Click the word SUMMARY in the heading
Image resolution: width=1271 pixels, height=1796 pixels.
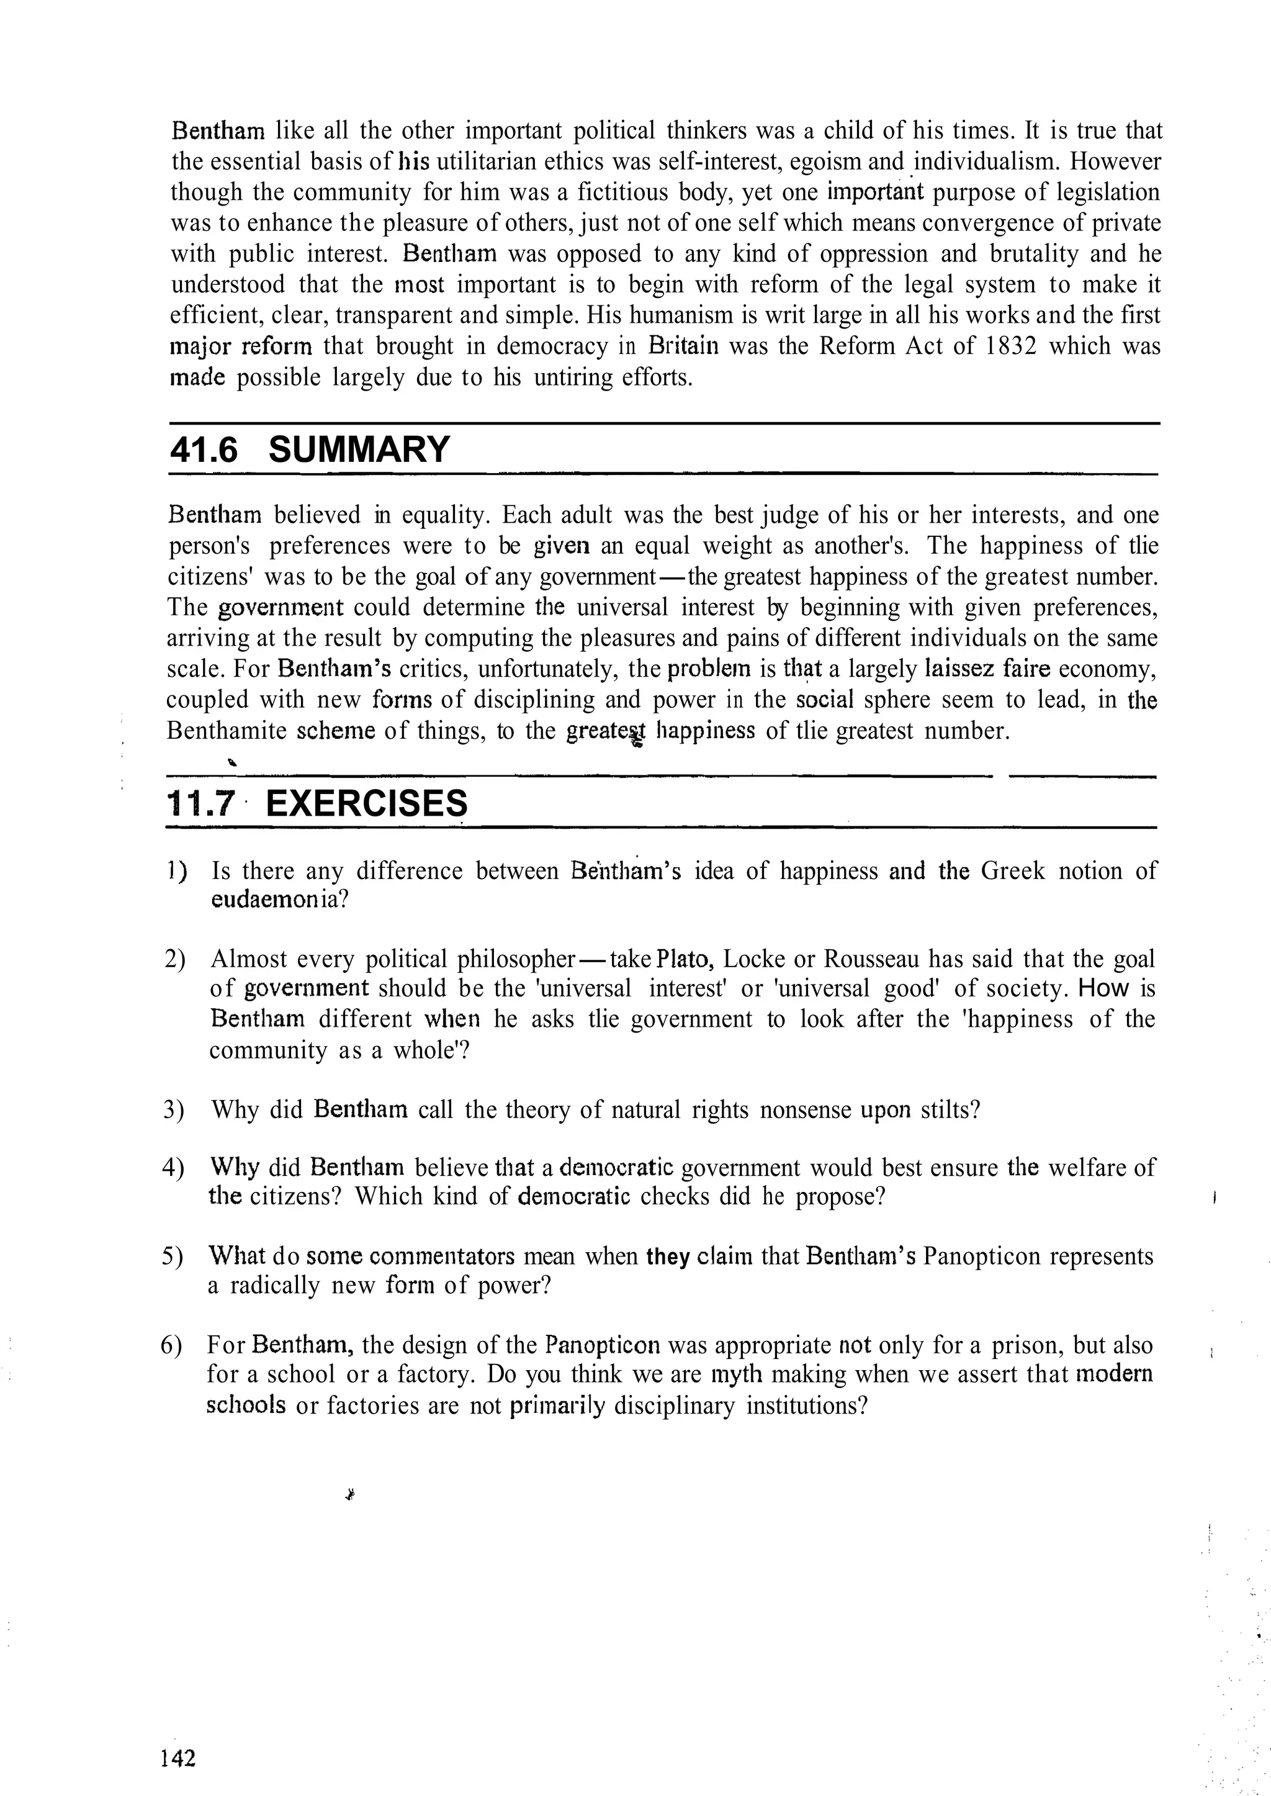click(359, 450)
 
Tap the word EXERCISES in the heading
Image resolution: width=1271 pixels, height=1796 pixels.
click(366, 803)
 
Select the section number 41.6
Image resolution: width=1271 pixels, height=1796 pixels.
click(203, 450)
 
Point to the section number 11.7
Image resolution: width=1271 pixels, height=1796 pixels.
click(201, 803)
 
